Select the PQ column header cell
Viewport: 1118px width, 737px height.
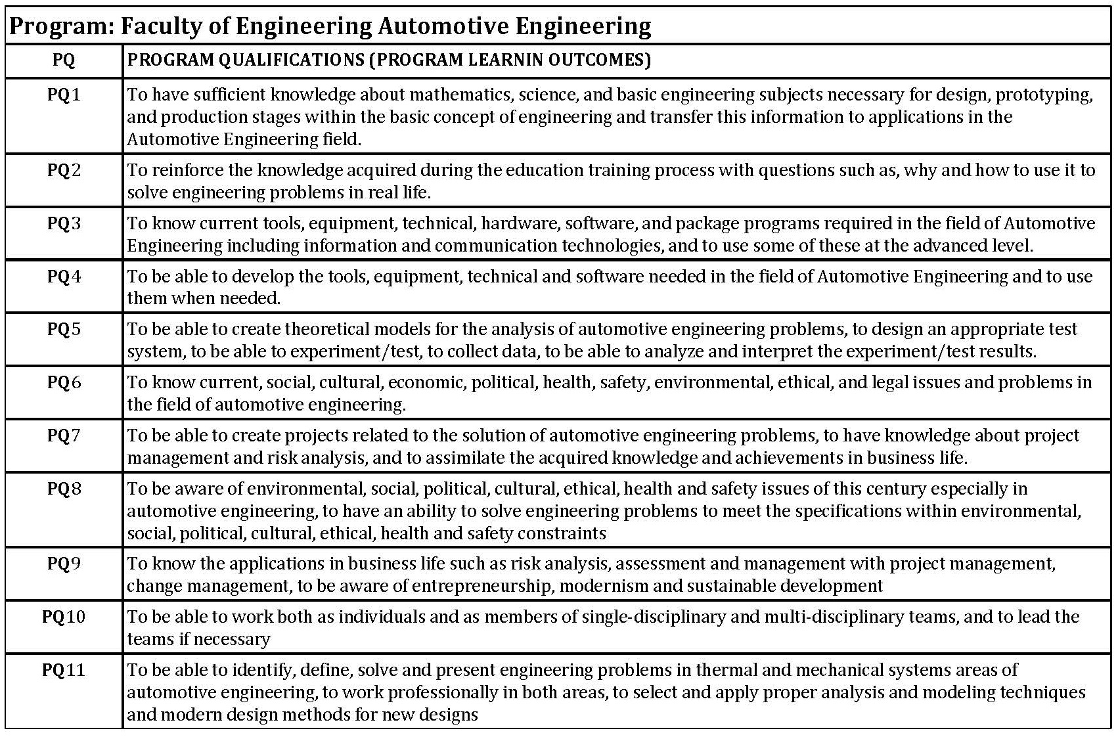click(x=64, y=60)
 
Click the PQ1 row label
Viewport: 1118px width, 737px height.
click(x=64, y=95)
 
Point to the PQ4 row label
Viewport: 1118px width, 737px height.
click(x=64, y=276)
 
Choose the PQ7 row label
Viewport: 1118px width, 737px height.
click(x=64, y=435)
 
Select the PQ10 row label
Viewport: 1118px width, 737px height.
click(x=64, y=617)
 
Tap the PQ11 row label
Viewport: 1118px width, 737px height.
click(x=64, y=670)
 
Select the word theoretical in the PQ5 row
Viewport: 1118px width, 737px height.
click(x=337, y=329)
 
